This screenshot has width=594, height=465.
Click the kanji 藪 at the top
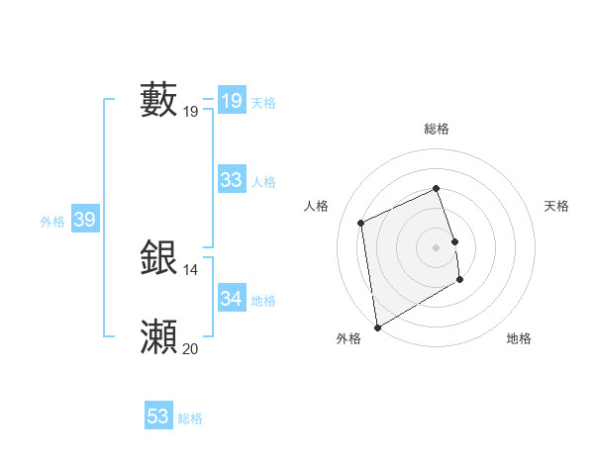click(x=159, y=100)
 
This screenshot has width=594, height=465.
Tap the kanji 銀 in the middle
click(x=159, y=258)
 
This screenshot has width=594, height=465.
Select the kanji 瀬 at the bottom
click(x=159, y=337)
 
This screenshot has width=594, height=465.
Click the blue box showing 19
click(x=232, y=101)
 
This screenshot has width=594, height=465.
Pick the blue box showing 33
click(x=232, y=180)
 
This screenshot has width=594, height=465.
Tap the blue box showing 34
click(x=232, y=299)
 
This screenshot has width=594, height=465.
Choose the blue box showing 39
click(x=85, y=221)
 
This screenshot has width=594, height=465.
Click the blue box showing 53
click(x=158, y=417)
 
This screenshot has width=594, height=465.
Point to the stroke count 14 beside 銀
click(x=190, y=269)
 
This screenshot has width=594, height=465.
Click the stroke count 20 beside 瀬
click(x=190, y=348)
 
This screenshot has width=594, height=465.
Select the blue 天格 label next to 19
click(x=263, y=103)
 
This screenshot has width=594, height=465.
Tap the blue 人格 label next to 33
click(x=263, y=182)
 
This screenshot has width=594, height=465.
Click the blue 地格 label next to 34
click(x=263, y=301)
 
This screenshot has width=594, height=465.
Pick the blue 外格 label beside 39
click(x=52, y=223)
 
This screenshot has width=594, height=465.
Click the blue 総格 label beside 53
click(x=190, y=418)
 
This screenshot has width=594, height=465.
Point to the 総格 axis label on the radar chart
click(x=436, y=129)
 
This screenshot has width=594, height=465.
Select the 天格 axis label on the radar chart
click(x=556, y=206)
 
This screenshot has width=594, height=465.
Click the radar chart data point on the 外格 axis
click(x=377, y=327)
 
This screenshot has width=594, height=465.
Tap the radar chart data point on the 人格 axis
click(x=361, y=223)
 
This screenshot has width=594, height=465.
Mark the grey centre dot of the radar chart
click(x=436, y=246)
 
